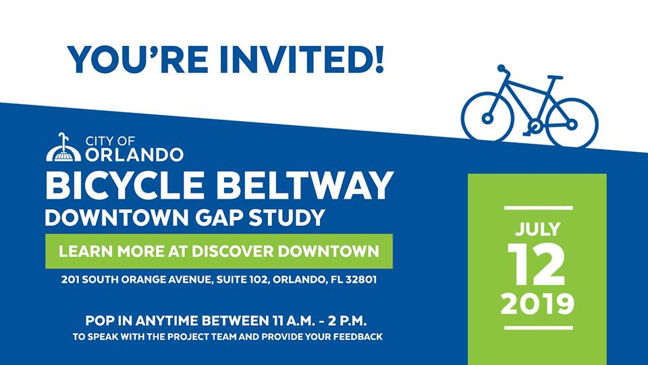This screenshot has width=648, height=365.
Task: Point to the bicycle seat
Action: coord(555,77)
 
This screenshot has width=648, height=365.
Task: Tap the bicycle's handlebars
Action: coord(502,70)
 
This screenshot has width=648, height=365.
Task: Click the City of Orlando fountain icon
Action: coord(63,148)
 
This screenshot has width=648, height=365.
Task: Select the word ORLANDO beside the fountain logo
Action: coord(134,155)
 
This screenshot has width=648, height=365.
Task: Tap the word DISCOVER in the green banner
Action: coord(233,251)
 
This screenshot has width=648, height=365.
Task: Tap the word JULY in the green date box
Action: coord(538,229)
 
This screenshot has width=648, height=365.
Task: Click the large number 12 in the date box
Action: coord(536,264)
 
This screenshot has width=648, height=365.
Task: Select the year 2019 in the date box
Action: coord(538,303)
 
